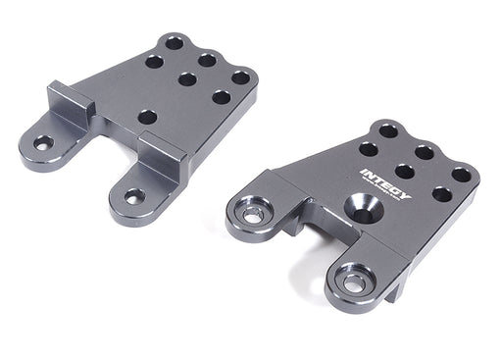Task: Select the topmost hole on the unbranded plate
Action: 175,43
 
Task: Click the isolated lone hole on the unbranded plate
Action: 147,117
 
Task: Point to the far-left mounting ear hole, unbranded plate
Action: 43,143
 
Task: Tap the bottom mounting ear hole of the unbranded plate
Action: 134,196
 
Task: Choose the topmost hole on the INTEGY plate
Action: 388,129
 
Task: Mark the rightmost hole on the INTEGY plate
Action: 461,174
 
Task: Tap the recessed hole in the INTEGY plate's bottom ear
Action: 354,283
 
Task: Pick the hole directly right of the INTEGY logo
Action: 442,194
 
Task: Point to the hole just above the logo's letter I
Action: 369,149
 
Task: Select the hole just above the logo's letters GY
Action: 404,171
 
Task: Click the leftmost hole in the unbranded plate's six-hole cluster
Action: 154,61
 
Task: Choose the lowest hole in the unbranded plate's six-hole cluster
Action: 222,97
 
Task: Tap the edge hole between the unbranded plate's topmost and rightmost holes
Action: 208,60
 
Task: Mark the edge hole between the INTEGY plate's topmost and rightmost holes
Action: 425,151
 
